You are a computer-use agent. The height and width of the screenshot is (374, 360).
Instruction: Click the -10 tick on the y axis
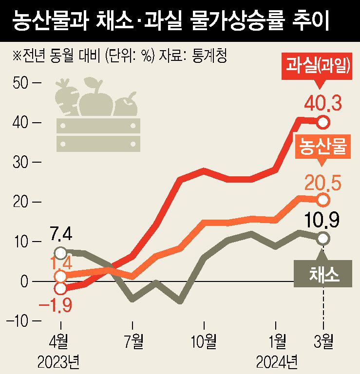22,321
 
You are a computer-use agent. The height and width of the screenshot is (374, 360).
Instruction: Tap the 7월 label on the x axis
133,341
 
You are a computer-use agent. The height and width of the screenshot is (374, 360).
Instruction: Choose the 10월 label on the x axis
205,341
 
